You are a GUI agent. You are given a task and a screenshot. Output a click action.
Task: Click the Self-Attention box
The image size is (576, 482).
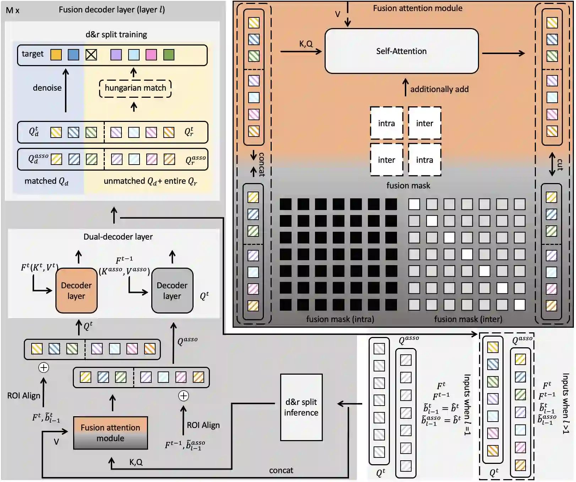[402, 51]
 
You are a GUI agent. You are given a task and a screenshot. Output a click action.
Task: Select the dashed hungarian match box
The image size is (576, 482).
[135, 88]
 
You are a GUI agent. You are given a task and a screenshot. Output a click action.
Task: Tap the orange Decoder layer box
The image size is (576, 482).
[76, 291]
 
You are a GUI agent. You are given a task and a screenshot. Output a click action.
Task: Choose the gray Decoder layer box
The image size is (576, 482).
[172, 291]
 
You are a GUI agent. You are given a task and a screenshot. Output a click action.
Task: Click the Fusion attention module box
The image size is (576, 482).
[110, 433]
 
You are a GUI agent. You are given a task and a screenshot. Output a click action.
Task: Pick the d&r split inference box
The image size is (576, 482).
[301, 407]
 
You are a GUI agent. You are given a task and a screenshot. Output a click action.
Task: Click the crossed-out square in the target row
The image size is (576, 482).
[91, 55]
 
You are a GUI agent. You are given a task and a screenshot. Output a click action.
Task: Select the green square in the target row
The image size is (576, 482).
[169, 55]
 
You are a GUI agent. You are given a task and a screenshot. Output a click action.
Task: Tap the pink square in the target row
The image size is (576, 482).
[151, 55]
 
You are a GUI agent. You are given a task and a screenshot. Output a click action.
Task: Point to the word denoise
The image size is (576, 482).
[47, 88]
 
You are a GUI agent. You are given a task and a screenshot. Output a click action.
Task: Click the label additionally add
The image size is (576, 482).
[439, 89]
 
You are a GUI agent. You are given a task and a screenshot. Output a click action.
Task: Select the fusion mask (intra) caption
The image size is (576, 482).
[340, 319]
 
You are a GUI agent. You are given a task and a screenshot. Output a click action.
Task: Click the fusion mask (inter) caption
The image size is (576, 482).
[468, 319]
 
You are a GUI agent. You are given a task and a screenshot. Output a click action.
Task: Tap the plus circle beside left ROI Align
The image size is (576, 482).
[44, 368]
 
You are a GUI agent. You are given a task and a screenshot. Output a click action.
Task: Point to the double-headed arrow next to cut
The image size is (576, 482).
[552, 164]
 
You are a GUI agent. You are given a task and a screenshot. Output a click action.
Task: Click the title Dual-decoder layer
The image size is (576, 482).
[118, 237]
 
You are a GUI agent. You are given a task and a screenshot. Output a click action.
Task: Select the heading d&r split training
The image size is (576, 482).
[116, 34]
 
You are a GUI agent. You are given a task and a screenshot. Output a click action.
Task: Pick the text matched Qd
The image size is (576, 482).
[46, 181]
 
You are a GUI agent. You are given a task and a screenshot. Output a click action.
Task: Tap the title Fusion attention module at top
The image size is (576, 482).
[418, 8]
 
